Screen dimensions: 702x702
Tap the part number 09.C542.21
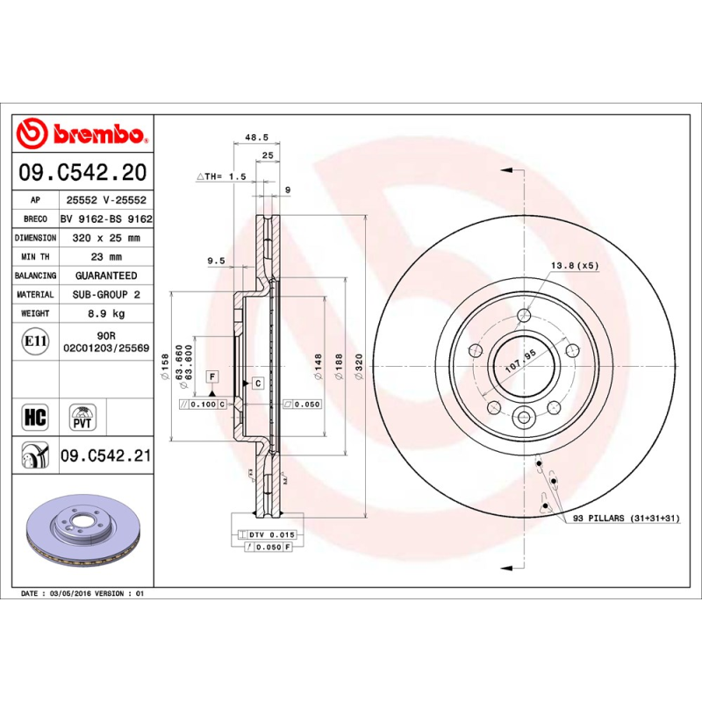[106, 455]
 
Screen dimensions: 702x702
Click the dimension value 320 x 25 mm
[100, 238]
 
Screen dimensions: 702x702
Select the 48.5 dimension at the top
[255, 138]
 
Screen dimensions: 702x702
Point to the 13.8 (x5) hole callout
[574, 265]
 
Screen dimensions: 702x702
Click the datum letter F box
[211, 376]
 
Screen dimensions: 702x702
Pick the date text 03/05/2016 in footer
[75, 594]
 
